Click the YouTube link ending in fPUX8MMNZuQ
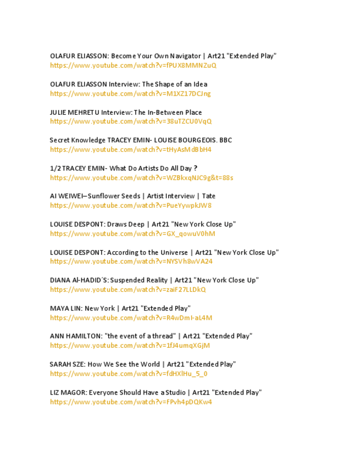[x=133, y=65]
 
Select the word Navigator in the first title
[x=185, y=56]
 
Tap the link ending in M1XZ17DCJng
[x=130, y=93]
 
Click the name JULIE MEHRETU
[x=75, y=112]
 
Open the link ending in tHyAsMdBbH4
[x=130, y=149]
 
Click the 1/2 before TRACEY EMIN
[x=55, y=168]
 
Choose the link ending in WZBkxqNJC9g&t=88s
[x=141, y=177]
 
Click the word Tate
[x=209, y=196]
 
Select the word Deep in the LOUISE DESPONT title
[x=137, y=224]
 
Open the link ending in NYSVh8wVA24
[x=131, y=262]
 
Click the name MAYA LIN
[x=65, y=308]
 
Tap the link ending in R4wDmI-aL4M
[x=131, y=318]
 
